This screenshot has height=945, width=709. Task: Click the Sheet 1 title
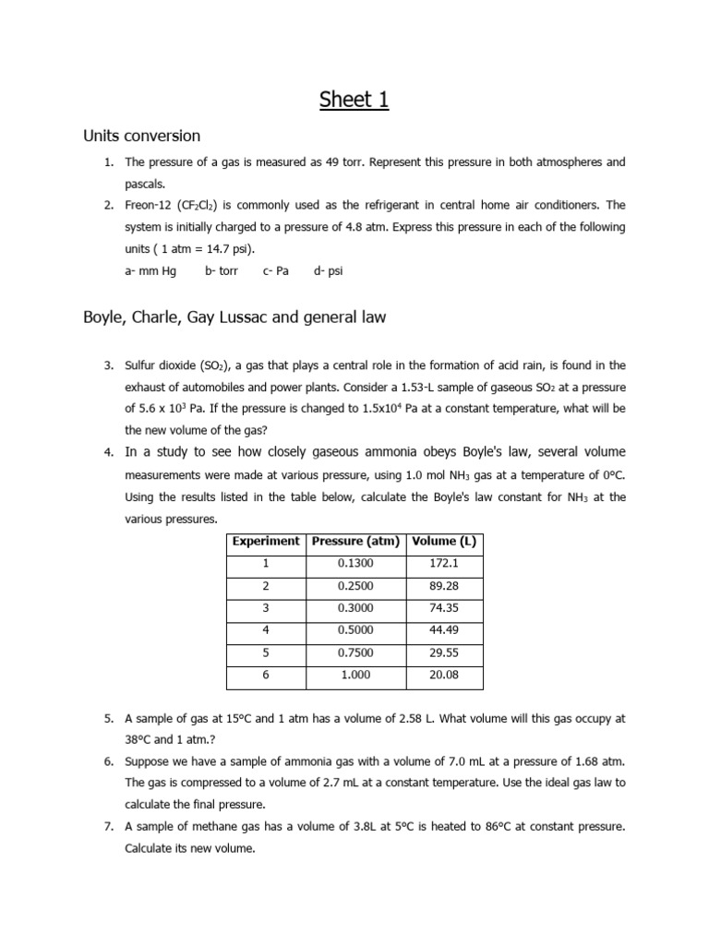[x=354, y=100]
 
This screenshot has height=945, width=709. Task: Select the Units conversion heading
[x=141, y=136]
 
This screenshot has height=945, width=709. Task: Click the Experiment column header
[x=266, y=542]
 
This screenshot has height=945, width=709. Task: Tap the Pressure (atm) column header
[x=355, y=542]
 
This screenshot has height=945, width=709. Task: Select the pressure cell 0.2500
[x=355, y=586]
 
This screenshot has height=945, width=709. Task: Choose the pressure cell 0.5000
[x=355, y=630]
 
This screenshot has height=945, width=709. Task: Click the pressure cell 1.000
[x=355, y=676]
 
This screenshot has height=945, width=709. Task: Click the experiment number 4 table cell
[x=266, y=630]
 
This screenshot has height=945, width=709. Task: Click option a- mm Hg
[x=150, y=270]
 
